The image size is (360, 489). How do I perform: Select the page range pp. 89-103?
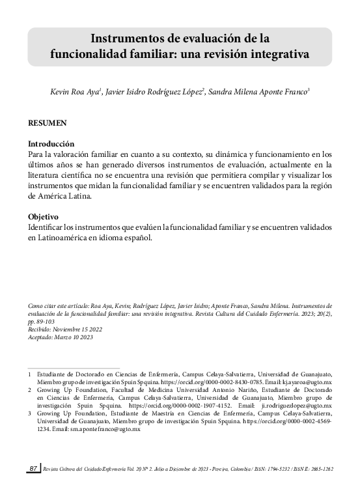[42, 321]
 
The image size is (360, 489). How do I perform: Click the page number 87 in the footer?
[34, 468]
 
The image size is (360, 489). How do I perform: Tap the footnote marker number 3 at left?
[29, 413]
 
